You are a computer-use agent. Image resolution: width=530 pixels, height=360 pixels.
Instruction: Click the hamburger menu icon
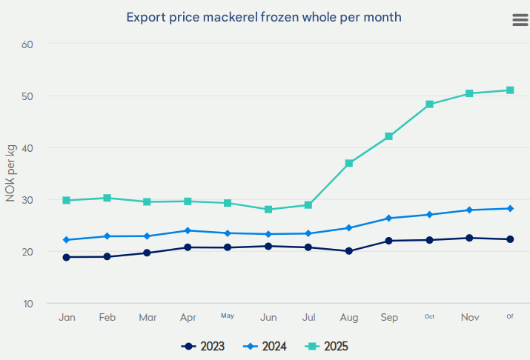tap(520, 20)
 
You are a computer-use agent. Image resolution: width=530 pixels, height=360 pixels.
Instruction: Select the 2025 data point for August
tap(349, 163)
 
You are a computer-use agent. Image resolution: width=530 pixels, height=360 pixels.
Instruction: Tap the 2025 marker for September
tap(388, 136)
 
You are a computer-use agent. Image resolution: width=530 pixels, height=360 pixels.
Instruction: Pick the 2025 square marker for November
tap(469, 93)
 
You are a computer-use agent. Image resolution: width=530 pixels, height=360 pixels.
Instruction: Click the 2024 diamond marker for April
tap(188, 230)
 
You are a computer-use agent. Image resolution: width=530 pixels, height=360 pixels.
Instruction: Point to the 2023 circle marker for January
tap(67, 257)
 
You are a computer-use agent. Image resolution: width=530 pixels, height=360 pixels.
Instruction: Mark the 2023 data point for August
tap(349, 251)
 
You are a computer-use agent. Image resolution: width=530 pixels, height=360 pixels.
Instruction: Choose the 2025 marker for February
tap(107, 198)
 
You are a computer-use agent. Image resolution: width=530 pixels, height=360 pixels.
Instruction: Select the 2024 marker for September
tap(388, 219)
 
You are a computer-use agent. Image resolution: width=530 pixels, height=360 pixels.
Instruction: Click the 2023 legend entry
tap(203, 346)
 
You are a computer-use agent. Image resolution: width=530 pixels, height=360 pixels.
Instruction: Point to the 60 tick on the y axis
tap(28, 44)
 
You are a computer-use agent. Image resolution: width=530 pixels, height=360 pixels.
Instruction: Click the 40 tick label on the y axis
tap(28, 147)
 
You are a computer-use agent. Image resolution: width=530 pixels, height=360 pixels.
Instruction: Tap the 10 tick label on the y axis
tap(28, 304)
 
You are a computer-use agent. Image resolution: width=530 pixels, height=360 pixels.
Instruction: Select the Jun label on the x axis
tap(268, 317)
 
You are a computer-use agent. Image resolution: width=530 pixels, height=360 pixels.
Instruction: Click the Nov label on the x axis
tap(470, 317)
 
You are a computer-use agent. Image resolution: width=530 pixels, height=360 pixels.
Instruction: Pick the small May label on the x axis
tap(228, 316)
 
